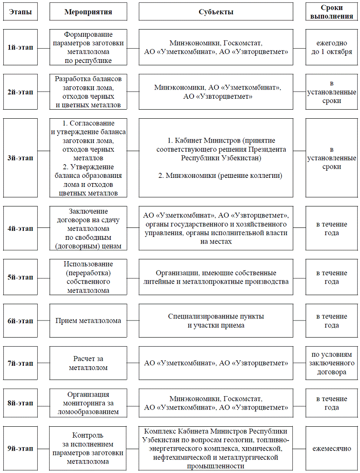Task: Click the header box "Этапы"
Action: click(21, 12)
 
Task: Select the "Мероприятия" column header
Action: click(88, 12)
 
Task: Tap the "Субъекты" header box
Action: click(216, 12)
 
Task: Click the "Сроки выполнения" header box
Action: click(331, 11)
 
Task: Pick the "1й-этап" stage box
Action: click(21, 48)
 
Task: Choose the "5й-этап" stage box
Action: click(21, 277)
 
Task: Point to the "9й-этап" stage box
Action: click(21, 449)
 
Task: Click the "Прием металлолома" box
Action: click(88, 320)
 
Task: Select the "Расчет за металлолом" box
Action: click(88, 363)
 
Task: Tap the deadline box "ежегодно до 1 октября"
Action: click(331, 48)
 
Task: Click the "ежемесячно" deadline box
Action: click(331, 449)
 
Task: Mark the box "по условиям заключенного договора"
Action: click(331, 363)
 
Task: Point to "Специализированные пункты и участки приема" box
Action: click(216, 320)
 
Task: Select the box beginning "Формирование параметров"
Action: click(88, 48)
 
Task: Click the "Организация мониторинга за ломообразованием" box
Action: click(88, 403)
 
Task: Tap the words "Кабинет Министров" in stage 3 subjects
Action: click(206, 141)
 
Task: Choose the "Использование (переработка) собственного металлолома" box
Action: click(88, 277)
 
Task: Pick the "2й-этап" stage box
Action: click(21, 92)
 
